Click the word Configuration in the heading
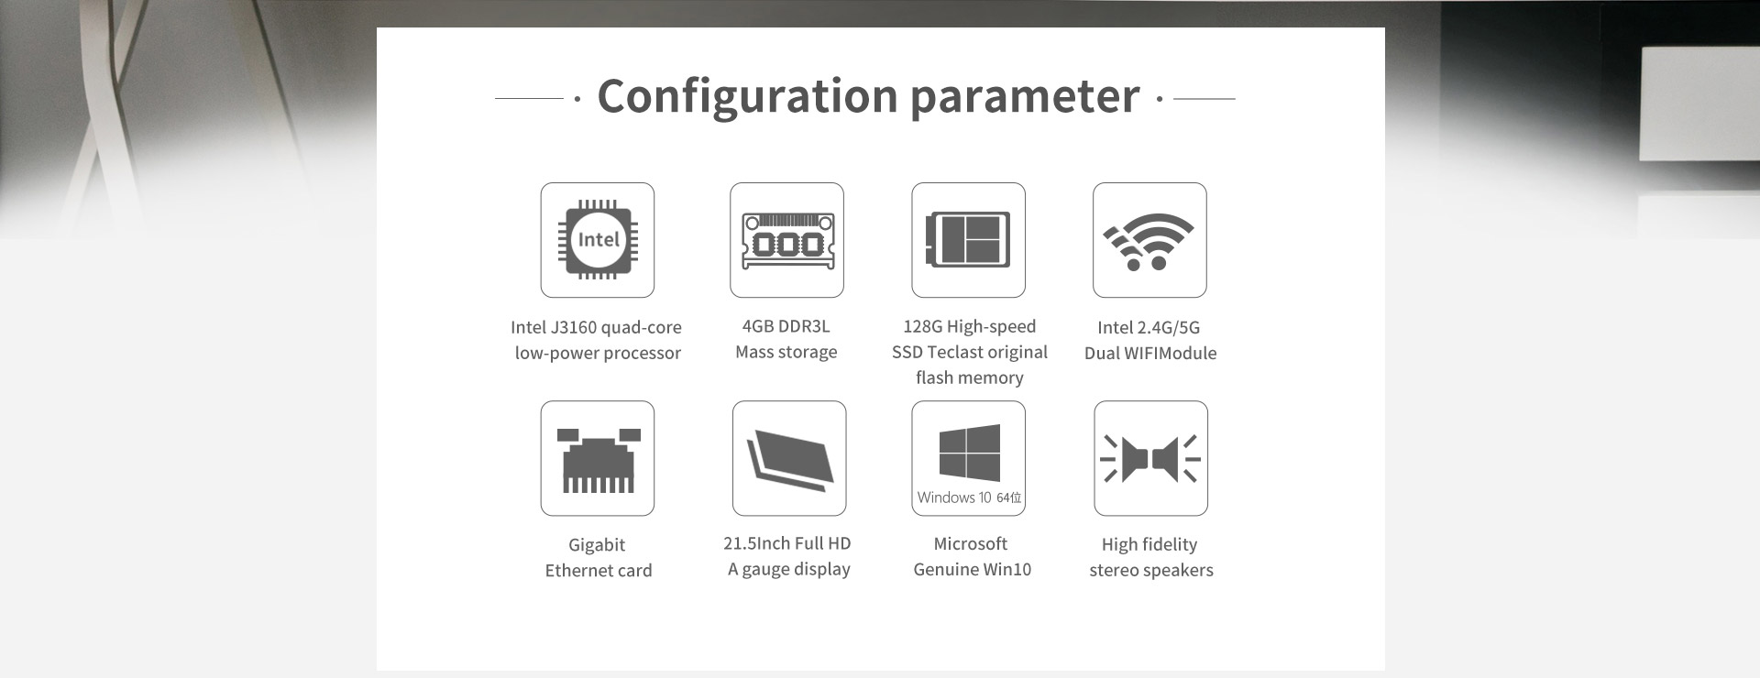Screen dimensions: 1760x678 [747, 96]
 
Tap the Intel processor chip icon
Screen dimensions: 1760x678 [598, 240]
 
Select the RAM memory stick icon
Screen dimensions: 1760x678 [787, 240]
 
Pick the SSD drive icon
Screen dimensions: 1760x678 [968, 240]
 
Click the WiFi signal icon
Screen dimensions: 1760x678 [1149, 242]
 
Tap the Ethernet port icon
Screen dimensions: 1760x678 [599, 460]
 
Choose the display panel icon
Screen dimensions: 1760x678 [789, 455]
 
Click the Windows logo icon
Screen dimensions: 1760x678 [969, 453]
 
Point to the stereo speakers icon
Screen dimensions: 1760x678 [1150, 458]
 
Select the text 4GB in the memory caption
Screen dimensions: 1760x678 [758, 326]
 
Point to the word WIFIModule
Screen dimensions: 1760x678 [1170, 353]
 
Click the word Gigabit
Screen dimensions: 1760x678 [597, 545]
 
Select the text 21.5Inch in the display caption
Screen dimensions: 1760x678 [757, 543]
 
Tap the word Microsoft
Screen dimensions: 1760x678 [970, 543]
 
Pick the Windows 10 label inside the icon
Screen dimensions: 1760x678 [954, 498]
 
